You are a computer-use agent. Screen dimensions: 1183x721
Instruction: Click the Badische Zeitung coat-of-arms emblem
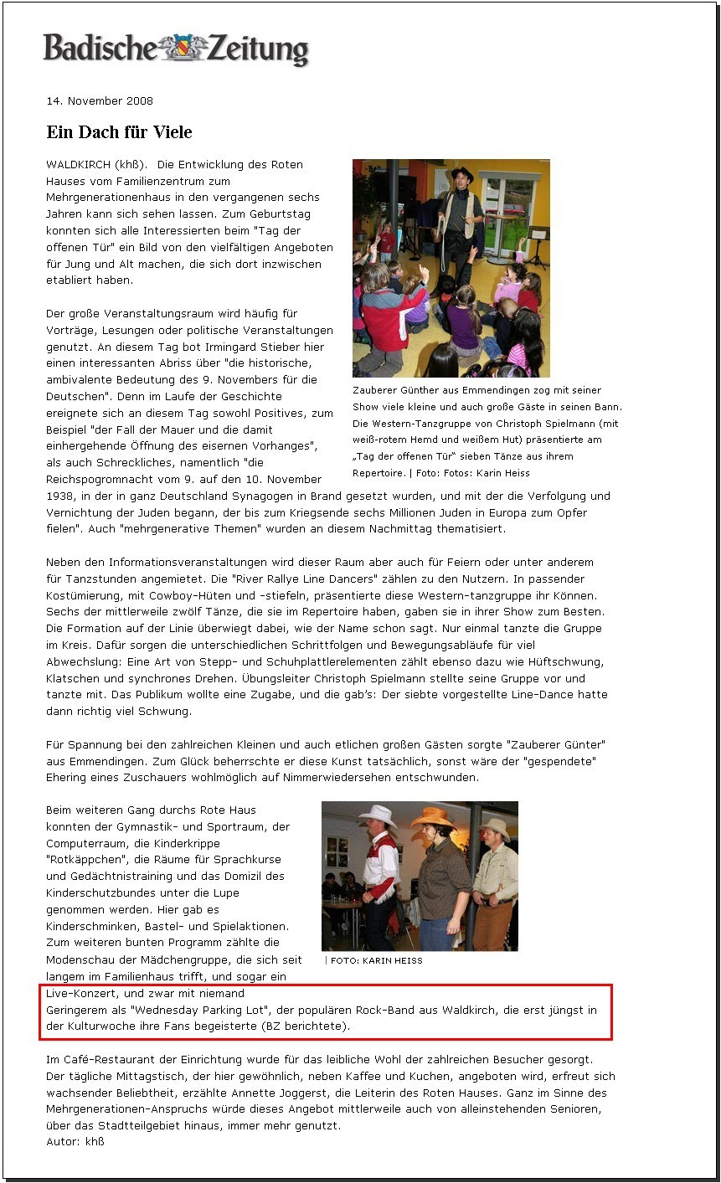182,48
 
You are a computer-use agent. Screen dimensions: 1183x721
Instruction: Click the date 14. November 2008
100,101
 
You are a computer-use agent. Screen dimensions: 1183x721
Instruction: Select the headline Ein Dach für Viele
119,132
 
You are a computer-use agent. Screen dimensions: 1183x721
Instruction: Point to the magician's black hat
461,174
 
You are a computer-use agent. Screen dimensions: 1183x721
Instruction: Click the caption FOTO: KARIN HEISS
376,960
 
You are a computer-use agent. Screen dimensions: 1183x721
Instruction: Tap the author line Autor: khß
75,1141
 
